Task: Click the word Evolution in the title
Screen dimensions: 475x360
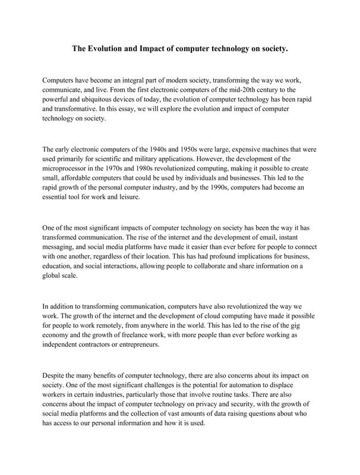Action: click(x=108, y=50)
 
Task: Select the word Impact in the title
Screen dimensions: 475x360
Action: click(x=157, y=50)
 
